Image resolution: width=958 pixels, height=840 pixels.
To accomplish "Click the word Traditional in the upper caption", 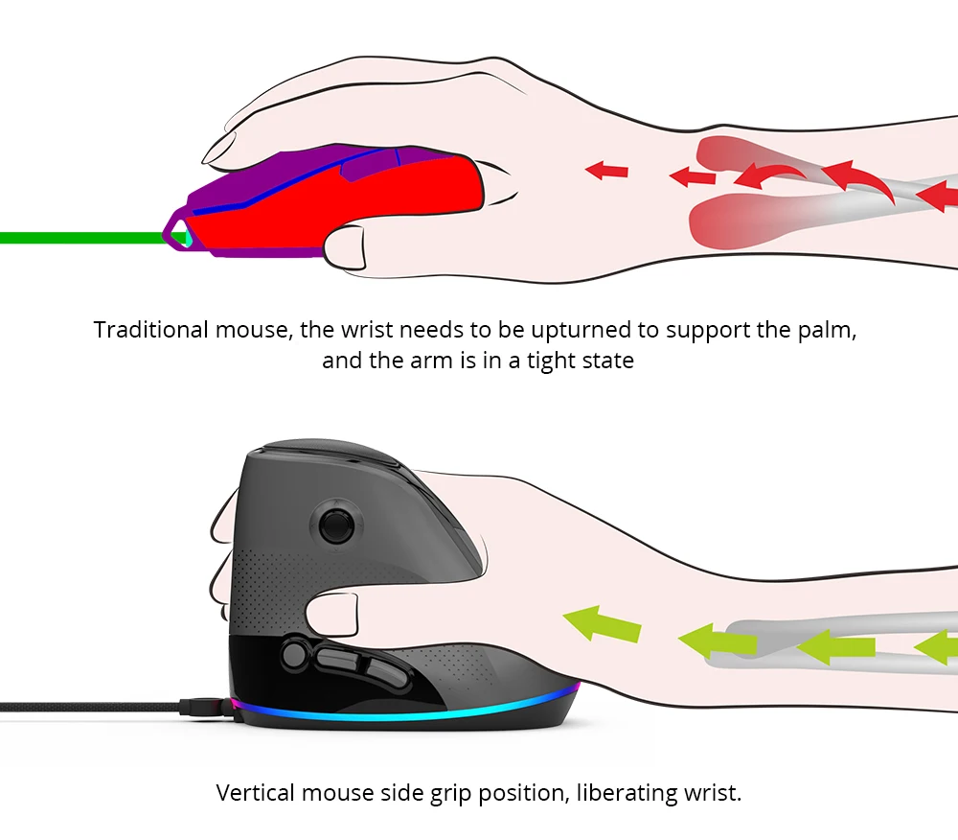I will [150, 331].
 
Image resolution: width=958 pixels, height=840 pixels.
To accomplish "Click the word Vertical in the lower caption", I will [255, 793].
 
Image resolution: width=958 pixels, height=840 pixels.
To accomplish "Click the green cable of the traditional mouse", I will [77, 238].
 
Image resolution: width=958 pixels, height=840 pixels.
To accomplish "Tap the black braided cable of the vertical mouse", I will [86, 707].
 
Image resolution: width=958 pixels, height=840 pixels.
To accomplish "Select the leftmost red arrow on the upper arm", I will [606, 171].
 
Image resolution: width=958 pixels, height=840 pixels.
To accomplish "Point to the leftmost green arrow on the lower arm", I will [602, 624].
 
